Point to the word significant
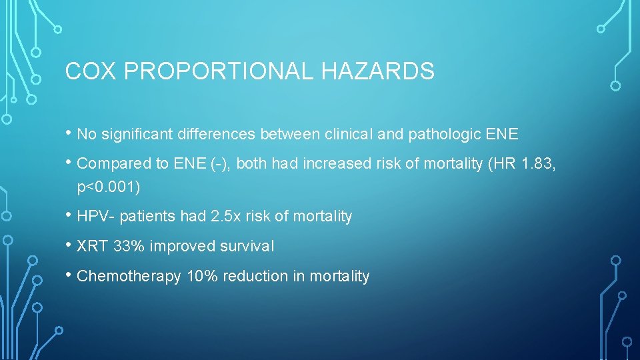click(x=137, y=134)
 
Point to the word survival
click(x=247, y=246)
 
